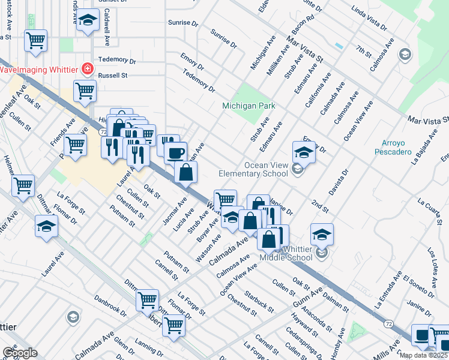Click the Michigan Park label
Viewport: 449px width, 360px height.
tap(249, 106)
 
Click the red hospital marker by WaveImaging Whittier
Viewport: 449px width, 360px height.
tap(88, 69)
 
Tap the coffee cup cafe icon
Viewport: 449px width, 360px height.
tap(175, 152)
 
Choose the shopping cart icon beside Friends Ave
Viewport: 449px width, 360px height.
tap(75, 145)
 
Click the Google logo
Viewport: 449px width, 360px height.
tap(19, 353)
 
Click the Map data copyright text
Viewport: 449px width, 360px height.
tap(423, 355)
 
